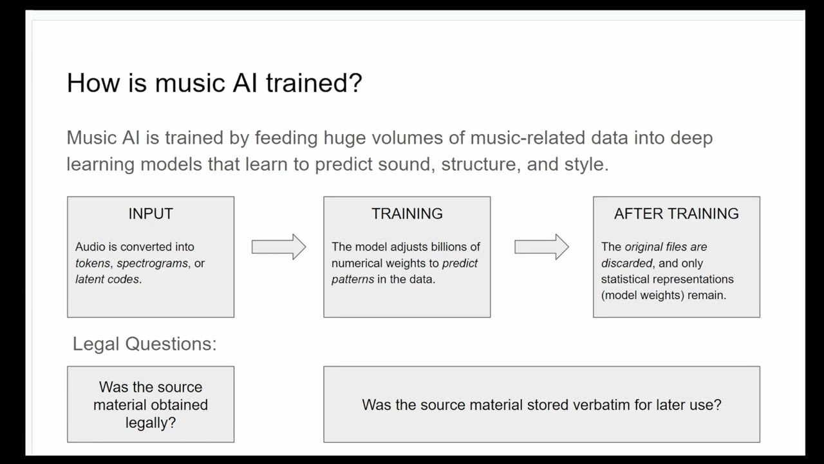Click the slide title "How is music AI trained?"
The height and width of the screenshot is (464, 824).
coord(214,83)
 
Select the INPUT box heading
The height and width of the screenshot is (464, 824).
coord(151,214)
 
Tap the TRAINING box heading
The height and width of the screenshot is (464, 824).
coord(407,214)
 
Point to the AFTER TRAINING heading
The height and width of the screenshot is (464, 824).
coord(676,214)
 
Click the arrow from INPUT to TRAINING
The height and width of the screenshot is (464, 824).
coord(278,247)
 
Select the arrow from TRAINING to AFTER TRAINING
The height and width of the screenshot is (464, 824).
coord(541,247)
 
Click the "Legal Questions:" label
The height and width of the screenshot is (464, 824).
coord(144,344)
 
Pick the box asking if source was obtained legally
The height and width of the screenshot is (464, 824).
coord(151,405)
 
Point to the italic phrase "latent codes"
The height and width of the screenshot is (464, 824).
coord(108,280)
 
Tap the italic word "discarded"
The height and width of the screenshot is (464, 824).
coord(626,264)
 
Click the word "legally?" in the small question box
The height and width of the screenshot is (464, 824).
coord(151,423)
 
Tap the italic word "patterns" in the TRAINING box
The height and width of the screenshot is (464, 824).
coord(353,280)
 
